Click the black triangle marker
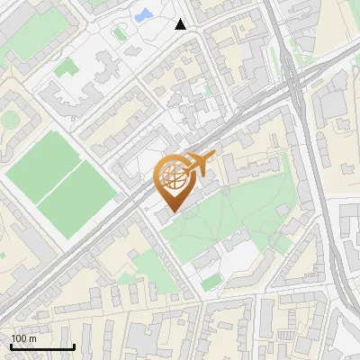coord(181,24)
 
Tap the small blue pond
coord(142,15)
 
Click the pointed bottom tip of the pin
coord(172,212)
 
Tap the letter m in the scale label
coord(33,338)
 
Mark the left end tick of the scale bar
coord(11,345)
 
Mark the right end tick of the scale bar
coord(74,345)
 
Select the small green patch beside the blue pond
coord(120,33)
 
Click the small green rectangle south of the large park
coord(211,283)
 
